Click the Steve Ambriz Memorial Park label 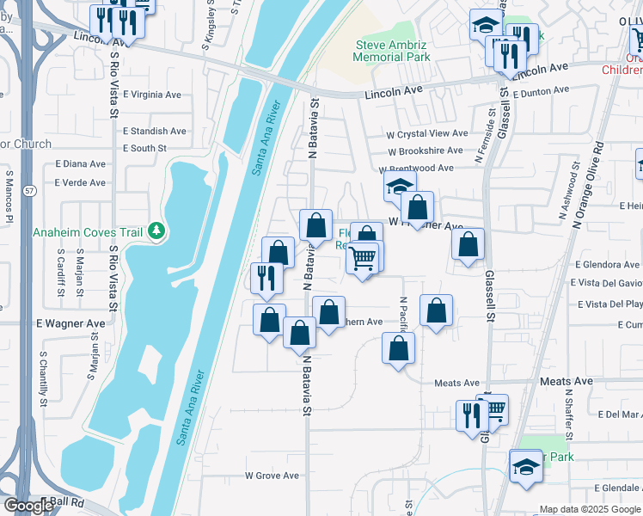click(x=393, y=51)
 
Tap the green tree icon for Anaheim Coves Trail click(x=156, y=230)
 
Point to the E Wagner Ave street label click(x=70, y=323)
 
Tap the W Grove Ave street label click(x=272, y=475)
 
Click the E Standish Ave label click(x=154, y=132)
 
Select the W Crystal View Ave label click(x=426, y=134)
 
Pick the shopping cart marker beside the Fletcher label click(x=363, y=256)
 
